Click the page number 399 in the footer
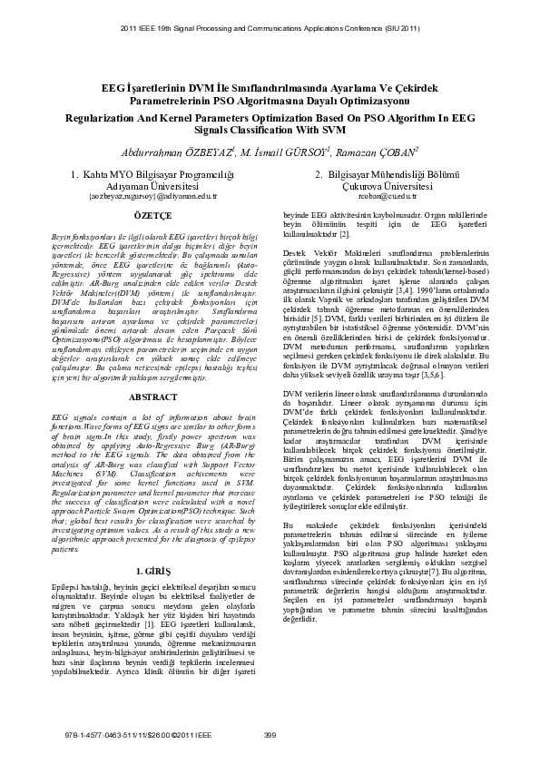[x=270, y=735]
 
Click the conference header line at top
[x=270, y=28]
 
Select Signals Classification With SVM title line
[x=270, y=130]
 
